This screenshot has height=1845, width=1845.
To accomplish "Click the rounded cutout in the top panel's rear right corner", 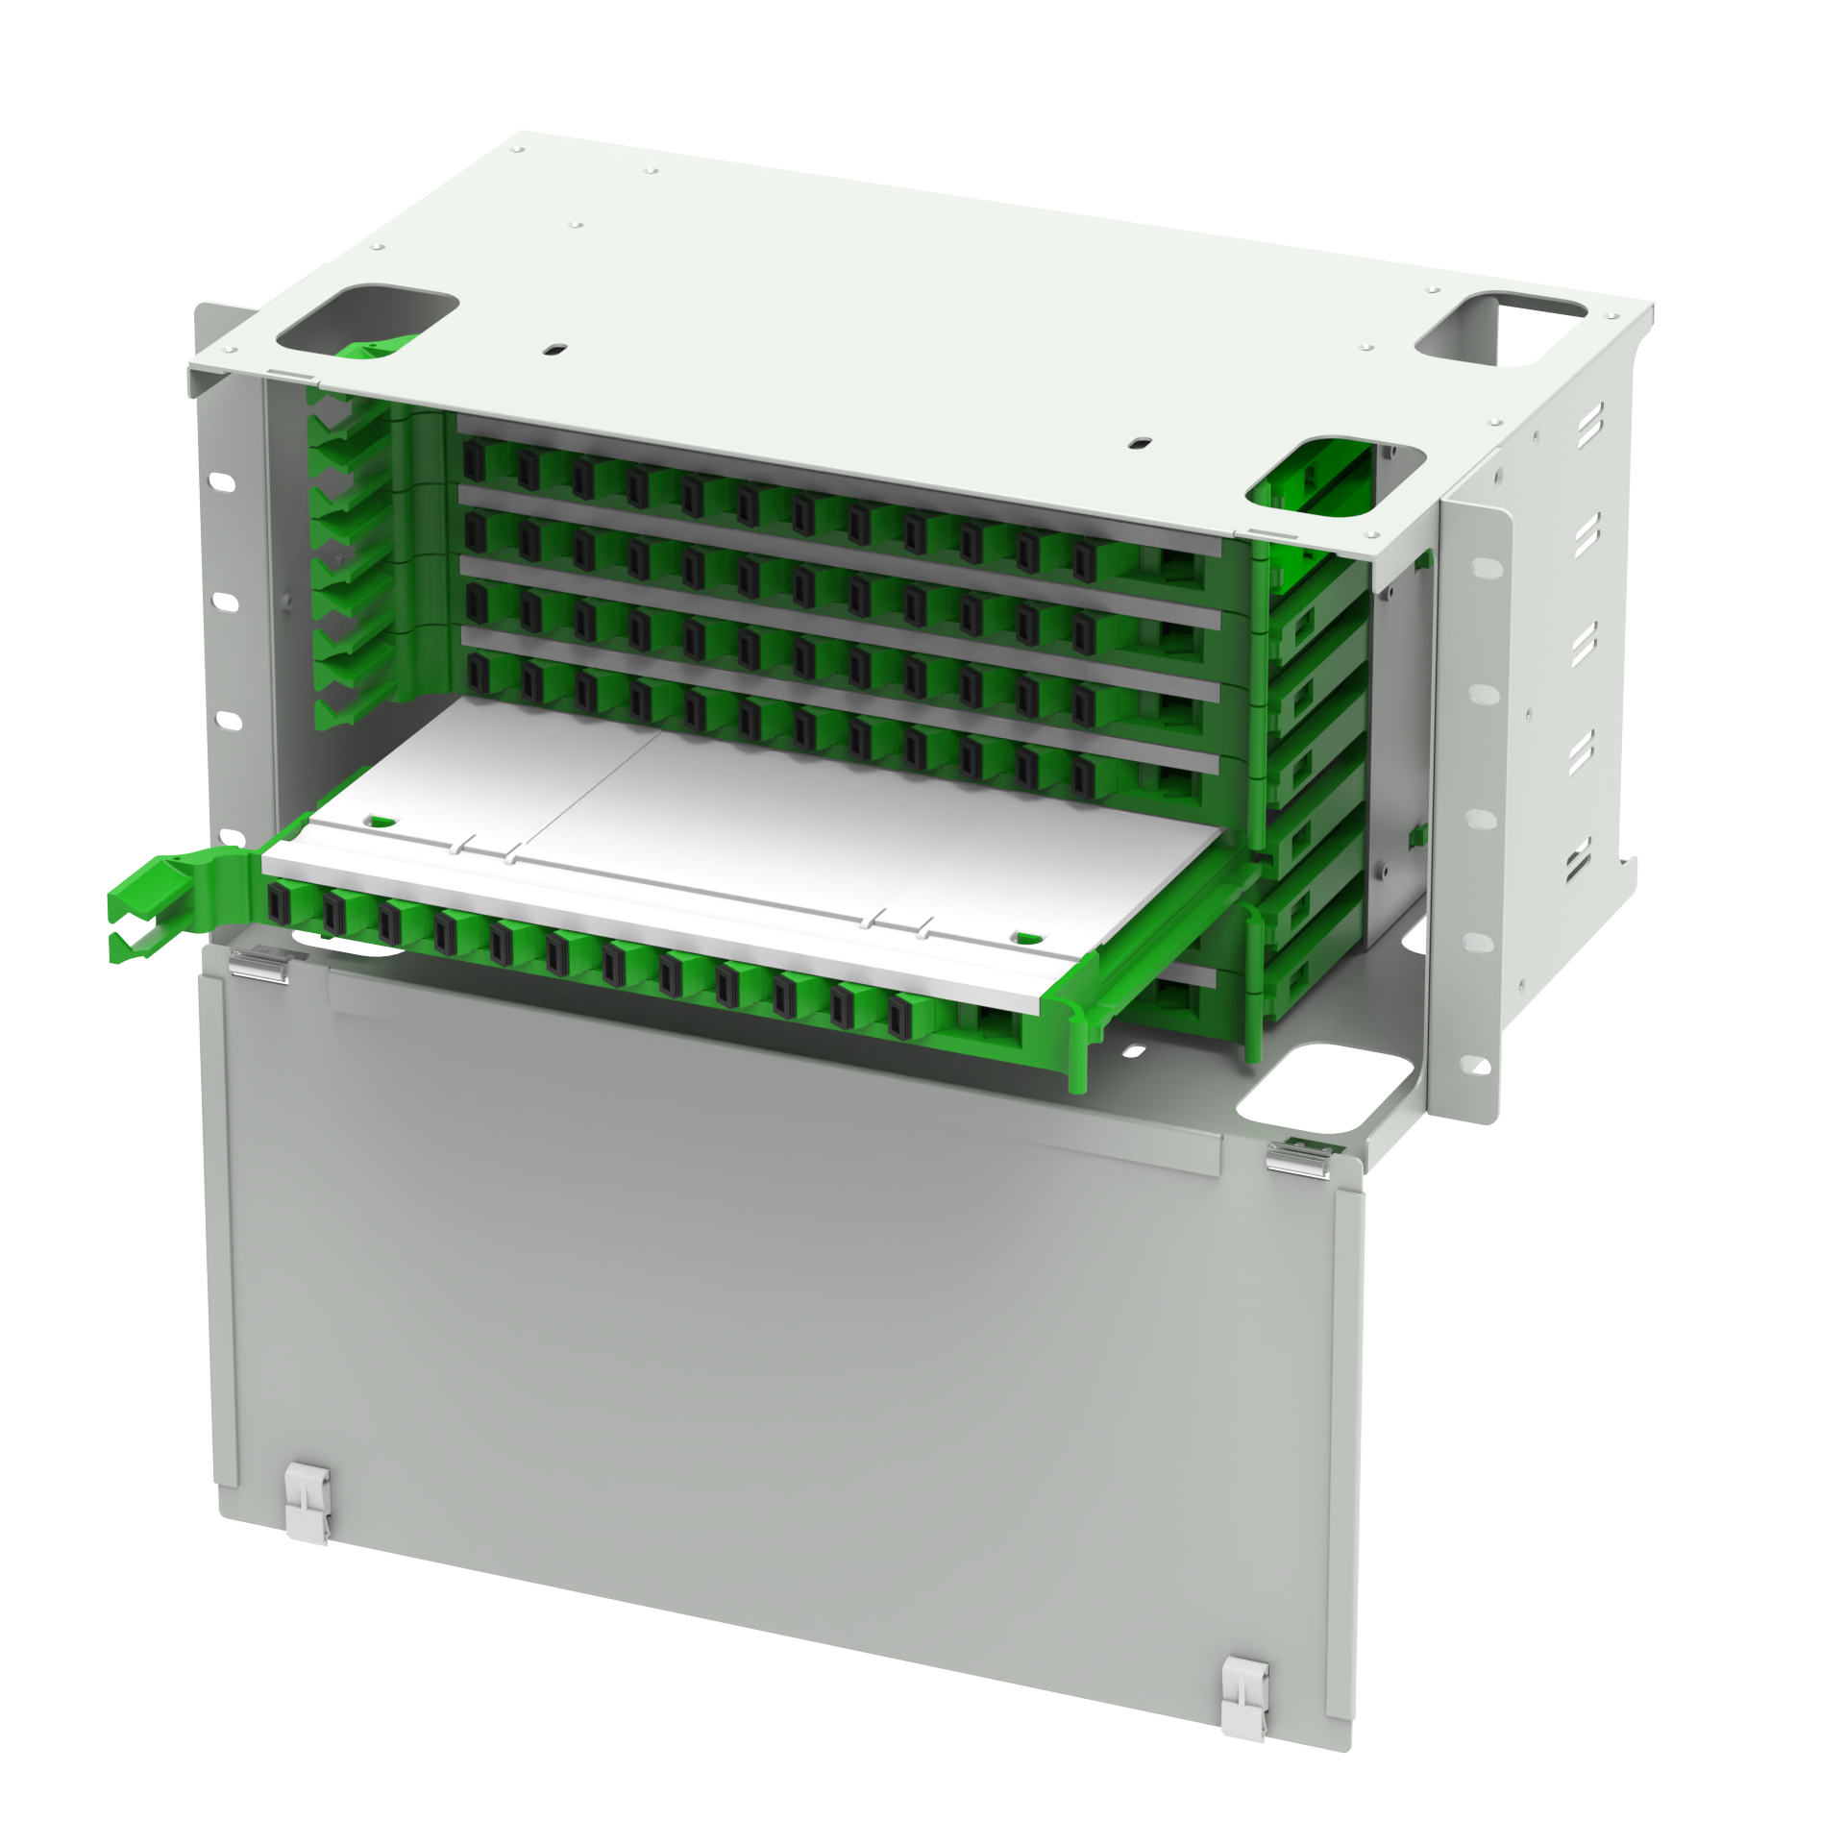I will pos(1501,329).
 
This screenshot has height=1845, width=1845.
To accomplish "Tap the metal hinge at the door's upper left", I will pos(260,961).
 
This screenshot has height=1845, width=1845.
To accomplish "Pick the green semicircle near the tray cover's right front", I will pos(1027,936).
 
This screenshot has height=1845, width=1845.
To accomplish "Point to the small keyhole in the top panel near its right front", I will pos(1140,444).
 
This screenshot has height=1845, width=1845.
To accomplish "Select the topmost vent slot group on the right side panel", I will pos(1589,424).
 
